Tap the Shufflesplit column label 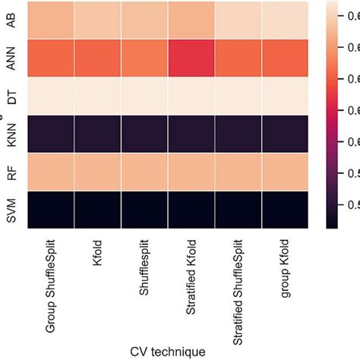144,270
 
